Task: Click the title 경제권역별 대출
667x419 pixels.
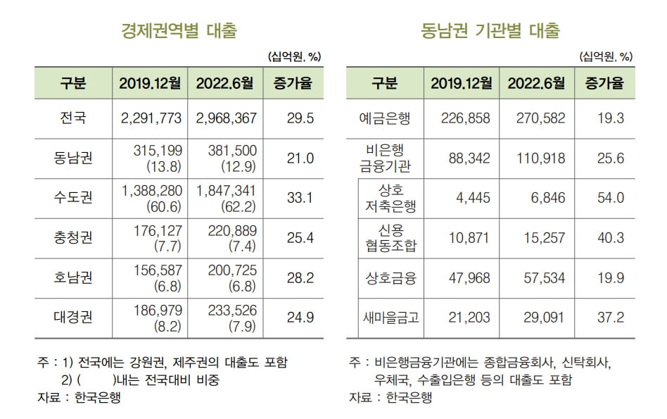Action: coord(179,31)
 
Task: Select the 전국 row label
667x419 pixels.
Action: coord(73,118)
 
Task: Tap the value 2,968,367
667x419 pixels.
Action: coord(225,118)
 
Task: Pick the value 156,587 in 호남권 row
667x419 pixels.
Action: coord(151,271)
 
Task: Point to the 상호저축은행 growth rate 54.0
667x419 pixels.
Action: coord(610,199)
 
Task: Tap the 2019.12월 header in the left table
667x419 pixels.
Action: coord(149,83)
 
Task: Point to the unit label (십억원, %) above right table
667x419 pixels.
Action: coord(606,57)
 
